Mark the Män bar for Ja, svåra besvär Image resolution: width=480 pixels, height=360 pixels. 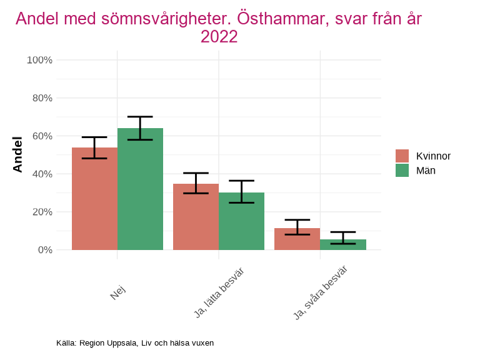point(342,244)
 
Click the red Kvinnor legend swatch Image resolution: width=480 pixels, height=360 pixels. point(402,156)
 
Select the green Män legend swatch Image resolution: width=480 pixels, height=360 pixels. point(402,170)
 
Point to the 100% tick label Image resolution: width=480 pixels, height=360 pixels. point(39,60)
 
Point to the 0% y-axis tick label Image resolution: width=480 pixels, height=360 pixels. point(44,250)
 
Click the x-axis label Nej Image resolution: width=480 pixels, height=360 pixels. point(118,292)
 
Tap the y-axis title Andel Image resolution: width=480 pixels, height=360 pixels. point(17,154)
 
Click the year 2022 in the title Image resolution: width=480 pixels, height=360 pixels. point(219,37)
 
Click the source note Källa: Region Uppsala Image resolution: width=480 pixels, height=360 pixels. point(135,343)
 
